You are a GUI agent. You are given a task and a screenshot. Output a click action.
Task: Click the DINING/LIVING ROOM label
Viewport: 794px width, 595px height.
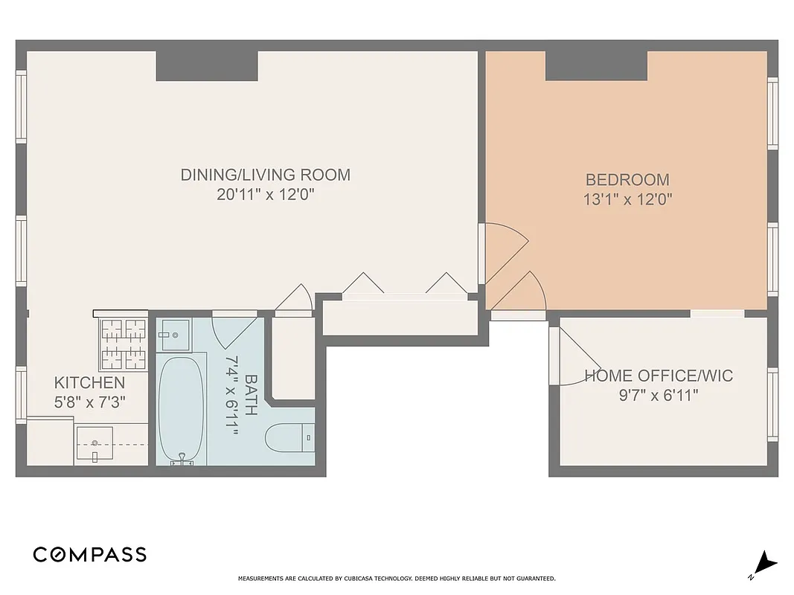tap(265, 176)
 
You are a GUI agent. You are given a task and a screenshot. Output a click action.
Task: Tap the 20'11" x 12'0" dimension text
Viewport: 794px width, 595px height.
tap(265, 195)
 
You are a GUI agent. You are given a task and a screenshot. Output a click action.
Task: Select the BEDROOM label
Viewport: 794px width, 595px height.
tap(627, 180)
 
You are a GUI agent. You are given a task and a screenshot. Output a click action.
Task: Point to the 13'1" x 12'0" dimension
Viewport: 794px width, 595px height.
tap(627, 199)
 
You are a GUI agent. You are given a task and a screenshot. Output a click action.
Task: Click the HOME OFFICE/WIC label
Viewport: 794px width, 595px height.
tap(658, 376)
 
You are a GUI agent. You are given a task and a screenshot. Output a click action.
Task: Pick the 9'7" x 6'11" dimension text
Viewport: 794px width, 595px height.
tap(658, 395)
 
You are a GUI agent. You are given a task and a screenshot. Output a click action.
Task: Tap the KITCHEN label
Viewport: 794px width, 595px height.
tap(89, 383)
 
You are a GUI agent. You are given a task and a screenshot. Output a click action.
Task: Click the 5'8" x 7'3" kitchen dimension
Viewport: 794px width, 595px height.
tap(89, 402)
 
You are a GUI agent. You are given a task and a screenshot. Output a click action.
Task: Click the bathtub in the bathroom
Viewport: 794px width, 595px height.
tap(181, 409)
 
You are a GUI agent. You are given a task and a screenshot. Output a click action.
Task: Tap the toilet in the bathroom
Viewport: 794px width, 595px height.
tap(290, 437)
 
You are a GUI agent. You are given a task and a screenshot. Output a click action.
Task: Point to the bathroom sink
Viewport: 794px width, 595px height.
tap(174, 335)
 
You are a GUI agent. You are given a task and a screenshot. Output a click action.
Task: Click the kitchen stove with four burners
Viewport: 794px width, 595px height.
tap(124, 344)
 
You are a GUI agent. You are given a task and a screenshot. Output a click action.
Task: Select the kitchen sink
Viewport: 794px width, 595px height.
tap(95, 444)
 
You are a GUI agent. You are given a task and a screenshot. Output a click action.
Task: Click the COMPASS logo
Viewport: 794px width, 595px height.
tap(89, 554)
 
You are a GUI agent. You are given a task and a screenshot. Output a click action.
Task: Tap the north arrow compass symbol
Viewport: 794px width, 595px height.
tap(764, 565)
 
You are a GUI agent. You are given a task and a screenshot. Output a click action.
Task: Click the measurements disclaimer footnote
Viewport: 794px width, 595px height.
tap(397, 579)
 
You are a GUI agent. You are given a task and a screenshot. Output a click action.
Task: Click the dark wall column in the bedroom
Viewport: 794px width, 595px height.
tap(596, 65)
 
